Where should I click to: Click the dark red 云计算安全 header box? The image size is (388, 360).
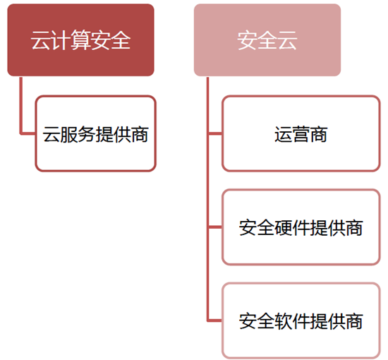coord(80,40)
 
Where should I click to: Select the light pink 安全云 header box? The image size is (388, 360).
coord(267,40)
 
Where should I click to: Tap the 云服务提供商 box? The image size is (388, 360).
coord(95,133)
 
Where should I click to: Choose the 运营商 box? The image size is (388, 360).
coord(301,133)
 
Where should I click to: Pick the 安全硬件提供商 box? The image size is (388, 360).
coord(301,227)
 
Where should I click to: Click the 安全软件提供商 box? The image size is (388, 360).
coord(301,320)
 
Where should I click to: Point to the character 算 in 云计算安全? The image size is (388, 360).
coord(80,40)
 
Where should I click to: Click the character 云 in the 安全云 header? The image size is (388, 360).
coord(287,40)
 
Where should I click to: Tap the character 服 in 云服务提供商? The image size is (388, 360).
coord(69,134)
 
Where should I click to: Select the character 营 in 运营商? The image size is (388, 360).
coord(301,134)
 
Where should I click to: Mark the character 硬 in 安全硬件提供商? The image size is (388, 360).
coord(283,228)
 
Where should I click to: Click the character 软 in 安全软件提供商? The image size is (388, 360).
coord(283,321)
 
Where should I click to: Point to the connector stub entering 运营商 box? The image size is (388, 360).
coord(214,133)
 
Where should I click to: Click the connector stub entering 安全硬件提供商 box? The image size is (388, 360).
coord(214,227)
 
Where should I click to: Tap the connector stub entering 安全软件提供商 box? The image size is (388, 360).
coord(214,320)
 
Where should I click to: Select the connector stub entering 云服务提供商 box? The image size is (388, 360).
coord(28,133)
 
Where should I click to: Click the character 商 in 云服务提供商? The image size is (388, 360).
coord(140,134)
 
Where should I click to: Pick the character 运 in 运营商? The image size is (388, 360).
coord(283,134)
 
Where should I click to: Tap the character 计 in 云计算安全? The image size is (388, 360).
coord(61,40)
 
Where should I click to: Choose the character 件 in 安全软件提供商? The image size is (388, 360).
coord(301,321)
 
